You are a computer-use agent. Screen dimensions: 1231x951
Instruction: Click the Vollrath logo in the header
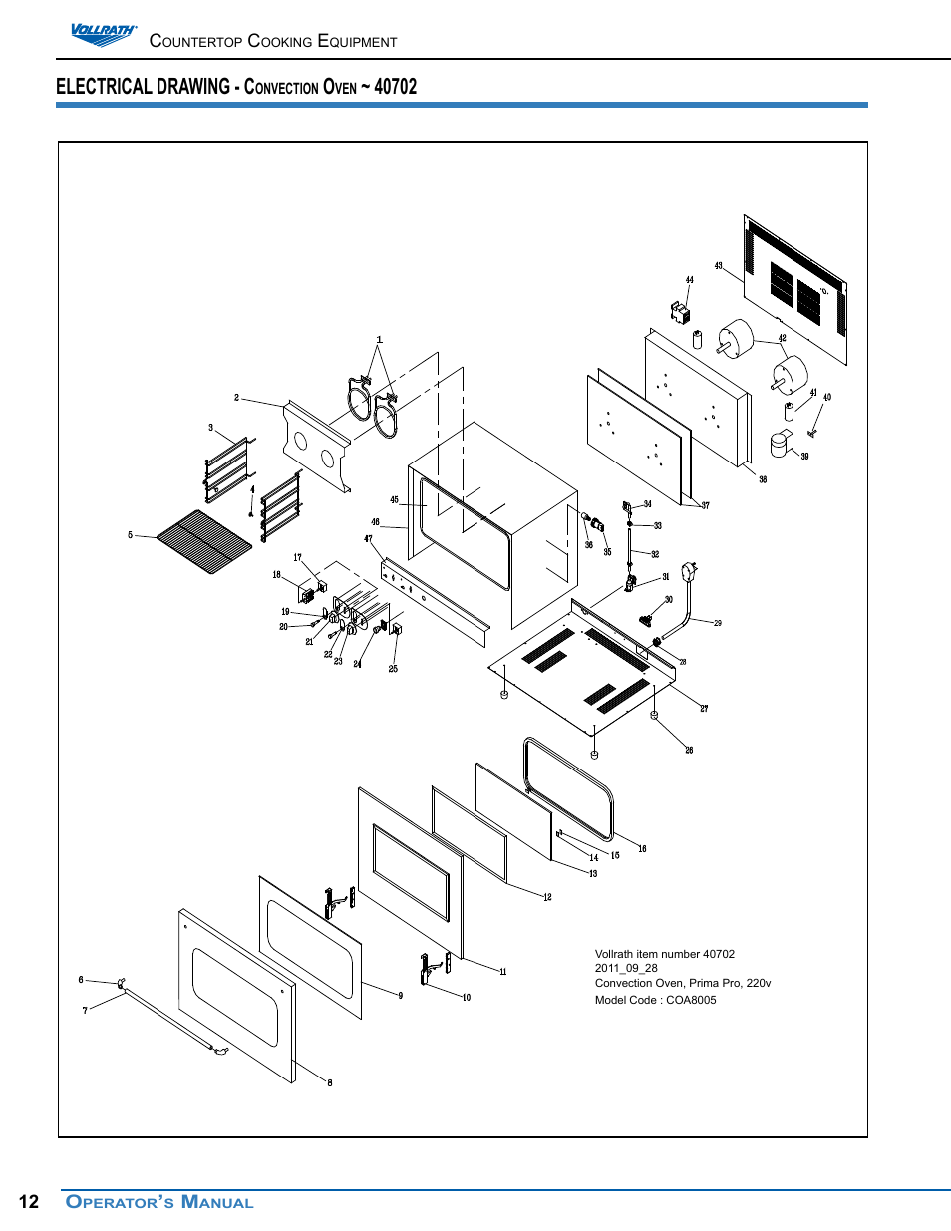(x=103, y=35)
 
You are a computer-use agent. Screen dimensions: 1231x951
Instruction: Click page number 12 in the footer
(x=29, y=1202)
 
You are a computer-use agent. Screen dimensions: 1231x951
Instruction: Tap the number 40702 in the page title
(x=396, y=87)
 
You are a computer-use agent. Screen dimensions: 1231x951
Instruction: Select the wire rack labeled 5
(x=204, y=542)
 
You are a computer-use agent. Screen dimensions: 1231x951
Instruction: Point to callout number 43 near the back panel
(x=718, y=266)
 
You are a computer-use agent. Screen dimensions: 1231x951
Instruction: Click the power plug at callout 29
(x=689, y=573)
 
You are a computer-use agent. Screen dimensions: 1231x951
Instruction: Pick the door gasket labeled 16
(x=568, y=787)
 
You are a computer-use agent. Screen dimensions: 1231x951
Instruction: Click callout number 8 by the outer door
(x=330, y=1082)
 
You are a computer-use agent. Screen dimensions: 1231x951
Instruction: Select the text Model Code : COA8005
(x=655, y=1000)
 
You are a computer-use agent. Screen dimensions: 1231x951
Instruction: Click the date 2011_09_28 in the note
(x=626, y=968)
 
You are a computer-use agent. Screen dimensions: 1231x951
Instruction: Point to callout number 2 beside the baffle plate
(x=236, y=398)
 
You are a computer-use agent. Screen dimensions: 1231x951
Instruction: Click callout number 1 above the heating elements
(x=379, y=340)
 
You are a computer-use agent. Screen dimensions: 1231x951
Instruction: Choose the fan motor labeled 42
(x=790, y=375)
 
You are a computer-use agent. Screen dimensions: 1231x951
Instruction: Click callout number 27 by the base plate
(x=704, y=709)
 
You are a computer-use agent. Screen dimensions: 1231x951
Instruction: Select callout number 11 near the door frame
(x=503, y=972)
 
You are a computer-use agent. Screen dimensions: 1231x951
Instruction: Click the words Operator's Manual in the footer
(x=159, y=1202)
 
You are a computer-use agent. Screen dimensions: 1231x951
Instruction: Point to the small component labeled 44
(x=680, y=313)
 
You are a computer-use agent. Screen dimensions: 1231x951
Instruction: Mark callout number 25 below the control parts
(x=393, y=669)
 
